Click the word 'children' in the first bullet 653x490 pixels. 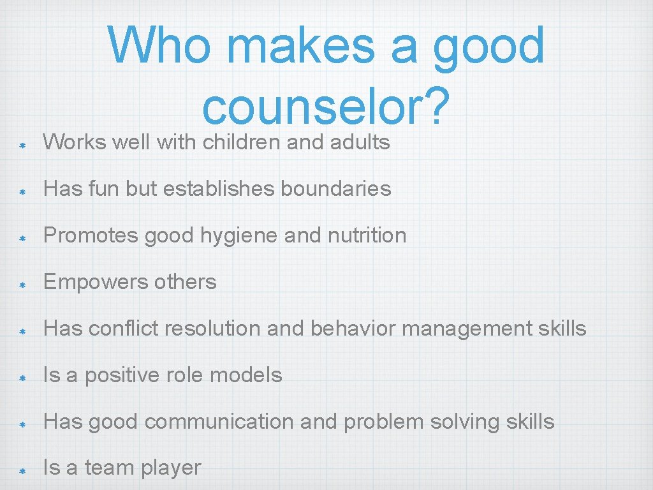(x=242, y=142)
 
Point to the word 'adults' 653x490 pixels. (x=360, y=142)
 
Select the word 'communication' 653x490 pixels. (x=193, y=422)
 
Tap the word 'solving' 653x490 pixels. (x=459, y=422)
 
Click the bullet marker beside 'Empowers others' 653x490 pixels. (x=21, y=283)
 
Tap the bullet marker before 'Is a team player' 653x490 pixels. (x=21, y=470)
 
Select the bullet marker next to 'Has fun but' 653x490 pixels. (x=21, y=190)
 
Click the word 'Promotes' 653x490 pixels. (x=91, y=235)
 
